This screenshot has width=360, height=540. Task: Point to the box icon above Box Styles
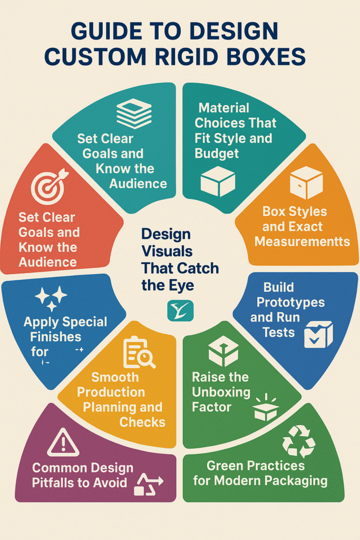[306, 182]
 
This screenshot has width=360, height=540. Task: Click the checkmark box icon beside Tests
[318, 335]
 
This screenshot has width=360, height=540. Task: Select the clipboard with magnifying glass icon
[139, 353]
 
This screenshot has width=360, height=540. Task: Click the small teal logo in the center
[180, 311]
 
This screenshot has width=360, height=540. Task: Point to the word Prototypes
[287, 303]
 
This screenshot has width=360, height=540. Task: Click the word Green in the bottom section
[226, 466]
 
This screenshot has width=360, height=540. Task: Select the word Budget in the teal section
[217, 153]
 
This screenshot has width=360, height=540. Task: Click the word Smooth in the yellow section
[115, 378]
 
